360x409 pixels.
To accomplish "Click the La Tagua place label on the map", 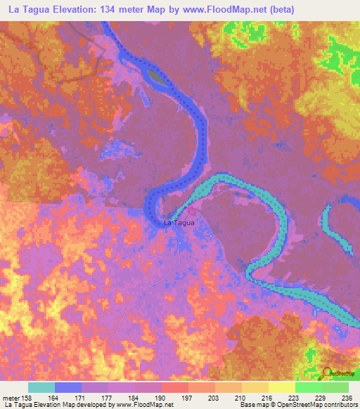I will click(x=178, y=223).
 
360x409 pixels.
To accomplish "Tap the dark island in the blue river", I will click(x=157, y=75).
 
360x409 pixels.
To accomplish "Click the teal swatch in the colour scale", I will click(x=41, y=387).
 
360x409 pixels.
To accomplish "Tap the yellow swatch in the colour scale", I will click(x=282, y=387).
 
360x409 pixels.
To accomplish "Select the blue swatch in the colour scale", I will click(x=68, y=387).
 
